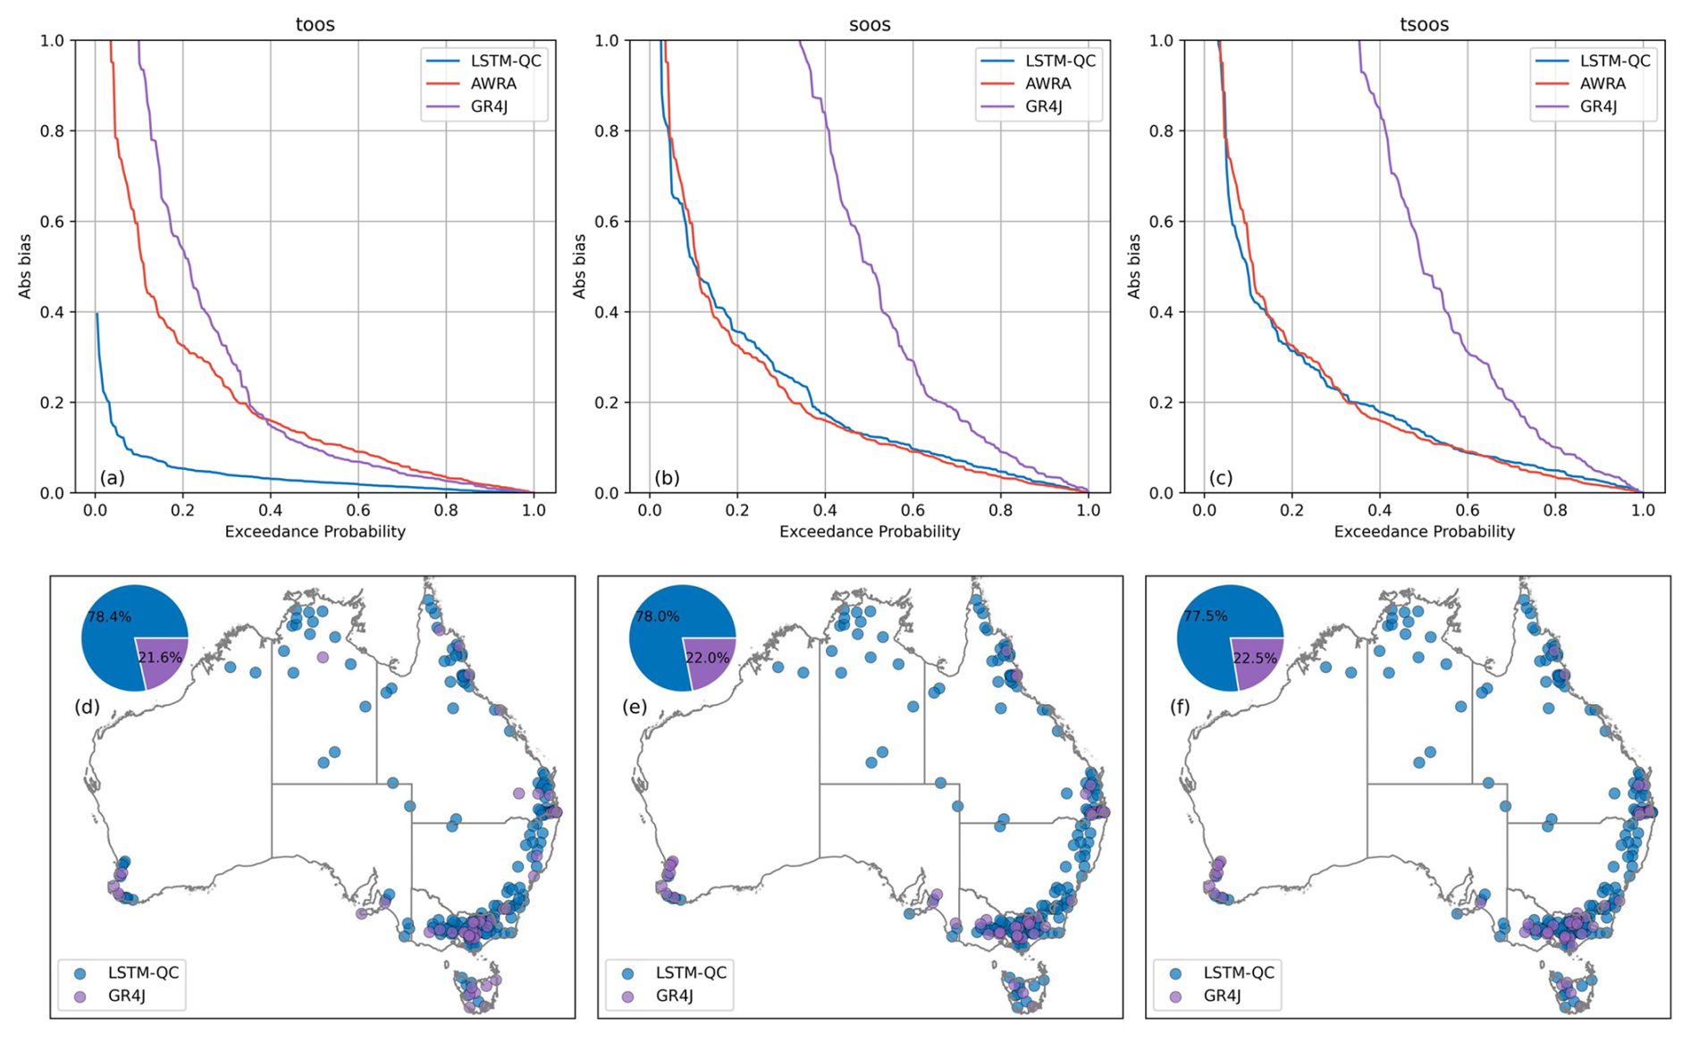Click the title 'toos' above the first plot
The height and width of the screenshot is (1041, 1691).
(x=315, y=24)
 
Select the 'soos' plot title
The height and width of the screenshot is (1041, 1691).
(x=870, y=24)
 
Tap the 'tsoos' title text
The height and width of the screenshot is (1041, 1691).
(x=1424, y=24)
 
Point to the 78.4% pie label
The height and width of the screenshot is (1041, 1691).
(x=110, y=617)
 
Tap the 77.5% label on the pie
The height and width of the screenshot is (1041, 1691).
(x=1206, y=617)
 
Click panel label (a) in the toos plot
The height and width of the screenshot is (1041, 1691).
(x=112, y=478)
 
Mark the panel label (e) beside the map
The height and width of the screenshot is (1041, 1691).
(x=634, y=708)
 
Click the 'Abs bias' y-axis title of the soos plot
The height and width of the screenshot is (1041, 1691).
(x=579, y=266)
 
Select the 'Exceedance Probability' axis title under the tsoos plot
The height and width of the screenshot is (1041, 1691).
(x=1424, y=532)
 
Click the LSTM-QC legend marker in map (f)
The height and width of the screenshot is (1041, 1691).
(x=1176, y=973)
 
